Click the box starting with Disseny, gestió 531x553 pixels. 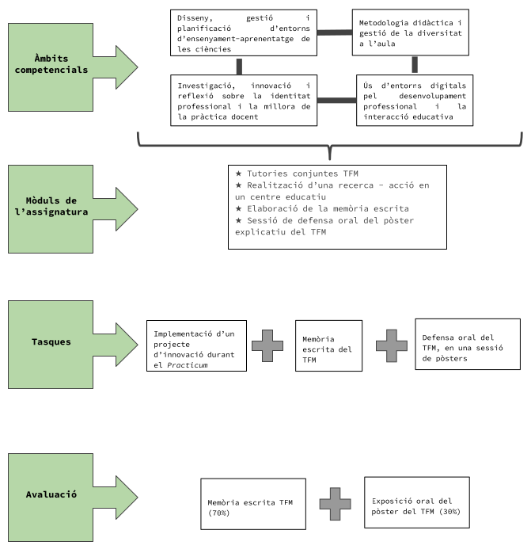238,32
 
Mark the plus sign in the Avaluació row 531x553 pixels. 335,503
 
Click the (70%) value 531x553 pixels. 218,513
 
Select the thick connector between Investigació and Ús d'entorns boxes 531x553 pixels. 336,101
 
